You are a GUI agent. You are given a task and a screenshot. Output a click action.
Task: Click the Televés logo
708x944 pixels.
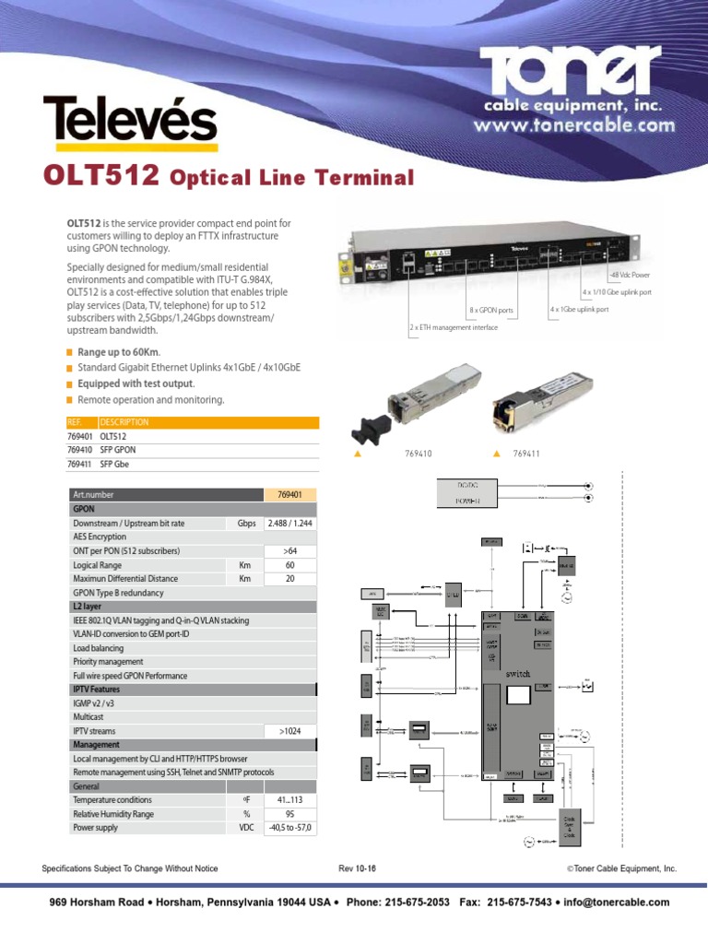[x=130, y=124]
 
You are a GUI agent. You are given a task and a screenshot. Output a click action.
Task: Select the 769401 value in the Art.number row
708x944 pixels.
[x=289, y=495]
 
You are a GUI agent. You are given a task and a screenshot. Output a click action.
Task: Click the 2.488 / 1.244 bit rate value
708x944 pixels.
[x=289, y=523]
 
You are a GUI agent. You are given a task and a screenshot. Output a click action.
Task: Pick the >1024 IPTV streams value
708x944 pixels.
[x=289, y=730]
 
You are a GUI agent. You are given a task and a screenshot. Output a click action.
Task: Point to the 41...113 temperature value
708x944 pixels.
[x=289, y=800]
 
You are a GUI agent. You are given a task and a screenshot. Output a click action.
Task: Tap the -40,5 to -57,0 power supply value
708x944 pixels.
[x=289, y=828]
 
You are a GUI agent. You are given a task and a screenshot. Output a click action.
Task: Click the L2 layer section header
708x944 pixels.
[x=88, y=607]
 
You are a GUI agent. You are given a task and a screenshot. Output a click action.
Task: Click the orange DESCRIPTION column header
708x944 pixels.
[x=124, y=422]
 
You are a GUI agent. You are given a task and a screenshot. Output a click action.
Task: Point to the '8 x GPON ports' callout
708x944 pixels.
[x=490, y=311]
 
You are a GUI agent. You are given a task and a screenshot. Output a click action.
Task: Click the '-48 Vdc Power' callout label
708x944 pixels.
[x=630, y=275]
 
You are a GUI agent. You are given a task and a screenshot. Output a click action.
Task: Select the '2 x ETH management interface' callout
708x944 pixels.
[x=454, y=327]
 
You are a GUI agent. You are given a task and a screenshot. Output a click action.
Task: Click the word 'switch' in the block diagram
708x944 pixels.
[x=518, y=674]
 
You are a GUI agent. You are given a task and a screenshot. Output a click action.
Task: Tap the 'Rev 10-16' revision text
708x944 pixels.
[x=358, y=868]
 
